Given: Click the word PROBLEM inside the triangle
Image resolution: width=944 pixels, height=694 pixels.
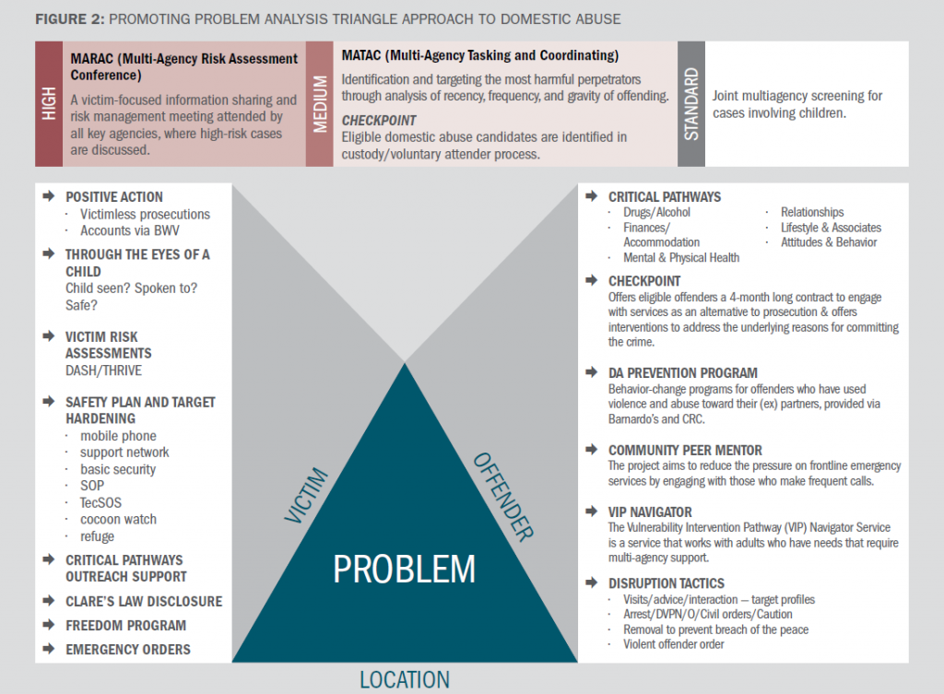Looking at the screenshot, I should pos(404,569).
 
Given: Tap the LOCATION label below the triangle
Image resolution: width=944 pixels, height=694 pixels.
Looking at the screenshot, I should pos(404,680).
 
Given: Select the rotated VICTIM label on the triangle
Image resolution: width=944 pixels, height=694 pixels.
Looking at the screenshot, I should pos(307,497).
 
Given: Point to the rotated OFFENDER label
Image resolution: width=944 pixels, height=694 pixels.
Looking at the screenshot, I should pos(503,494).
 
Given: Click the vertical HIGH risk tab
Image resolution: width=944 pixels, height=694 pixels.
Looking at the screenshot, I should pos(49,103).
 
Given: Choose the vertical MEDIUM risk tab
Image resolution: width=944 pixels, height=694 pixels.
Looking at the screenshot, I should pos(320,104).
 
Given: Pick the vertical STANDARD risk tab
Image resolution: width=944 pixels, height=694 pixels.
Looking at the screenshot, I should pos(691,104).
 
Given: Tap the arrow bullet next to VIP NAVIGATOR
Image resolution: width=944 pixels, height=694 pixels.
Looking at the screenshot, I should pos(591,512).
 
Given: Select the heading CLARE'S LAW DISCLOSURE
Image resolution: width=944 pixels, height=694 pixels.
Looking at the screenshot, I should pos(144,601).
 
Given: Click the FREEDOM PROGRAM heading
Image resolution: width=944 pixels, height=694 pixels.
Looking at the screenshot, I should pos(125,625).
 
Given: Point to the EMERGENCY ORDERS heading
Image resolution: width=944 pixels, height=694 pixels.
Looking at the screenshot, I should pos(128,649).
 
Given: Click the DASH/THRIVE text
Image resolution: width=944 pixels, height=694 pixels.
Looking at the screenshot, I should pos(102,370).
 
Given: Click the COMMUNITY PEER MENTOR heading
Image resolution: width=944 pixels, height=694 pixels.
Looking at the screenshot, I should pos(685,451).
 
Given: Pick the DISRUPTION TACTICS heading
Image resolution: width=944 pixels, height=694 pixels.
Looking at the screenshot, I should pos(667,582).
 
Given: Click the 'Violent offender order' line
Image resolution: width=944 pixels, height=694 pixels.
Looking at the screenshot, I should pos(674,644).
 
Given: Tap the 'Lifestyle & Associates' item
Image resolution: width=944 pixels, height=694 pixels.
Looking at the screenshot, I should pos(831,228).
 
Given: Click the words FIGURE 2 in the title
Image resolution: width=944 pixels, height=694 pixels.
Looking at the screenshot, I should pos(68,18).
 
